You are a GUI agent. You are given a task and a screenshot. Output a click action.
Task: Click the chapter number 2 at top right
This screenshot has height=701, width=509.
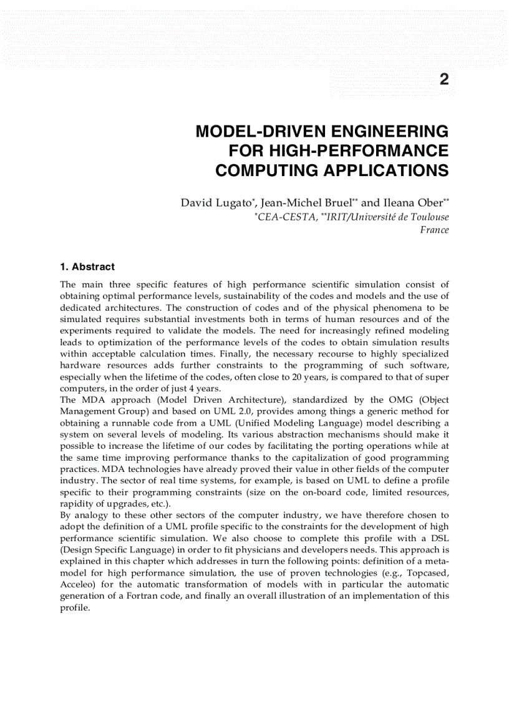[444, 79]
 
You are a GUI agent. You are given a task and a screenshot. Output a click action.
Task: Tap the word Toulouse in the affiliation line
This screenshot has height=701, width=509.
[428, 217]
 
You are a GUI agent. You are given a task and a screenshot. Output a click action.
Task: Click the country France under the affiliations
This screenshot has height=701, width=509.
[435, 230]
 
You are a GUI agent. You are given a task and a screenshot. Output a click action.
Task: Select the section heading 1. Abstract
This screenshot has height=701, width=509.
[87, 267]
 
